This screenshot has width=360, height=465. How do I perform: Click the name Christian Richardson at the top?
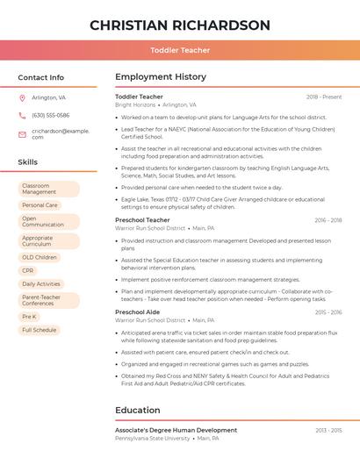180,25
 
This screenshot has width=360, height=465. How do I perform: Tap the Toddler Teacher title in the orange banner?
180,51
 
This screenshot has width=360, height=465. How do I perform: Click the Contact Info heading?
41,77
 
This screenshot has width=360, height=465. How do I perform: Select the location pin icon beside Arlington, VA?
22,98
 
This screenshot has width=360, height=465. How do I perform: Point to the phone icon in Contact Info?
22,116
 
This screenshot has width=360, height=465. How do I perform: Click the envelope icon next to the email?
22,134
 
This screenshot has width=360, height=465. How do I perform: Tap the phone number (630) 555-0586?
50,116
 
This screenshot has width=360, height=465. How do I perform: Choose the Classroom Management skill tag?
48,189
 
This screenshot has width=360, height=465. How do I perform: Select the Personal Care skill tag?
40,205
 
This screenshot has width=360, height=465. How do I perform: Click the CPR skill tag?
28,271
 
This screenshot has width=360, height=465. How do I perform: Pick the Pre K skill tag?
29,317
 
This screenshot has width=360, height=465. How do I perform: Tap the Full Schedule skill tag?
39,331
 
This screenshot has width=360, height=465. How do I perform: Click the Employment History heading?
160,77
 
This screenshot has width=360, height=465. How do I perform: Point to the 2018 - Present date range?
324,97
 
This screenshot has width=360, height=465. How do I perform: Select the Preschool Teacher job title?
142,220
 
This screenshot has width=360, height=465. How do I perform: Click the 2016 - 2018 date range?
328,220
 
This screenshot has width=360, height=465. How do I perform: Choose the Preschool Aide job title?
137,312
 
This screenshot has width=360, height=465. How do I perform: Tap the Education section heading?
137,411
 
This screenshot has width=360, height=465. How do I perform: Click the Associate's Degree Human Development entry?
176,431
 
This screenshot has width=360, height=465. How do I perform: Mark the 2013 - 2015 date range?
328,431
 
